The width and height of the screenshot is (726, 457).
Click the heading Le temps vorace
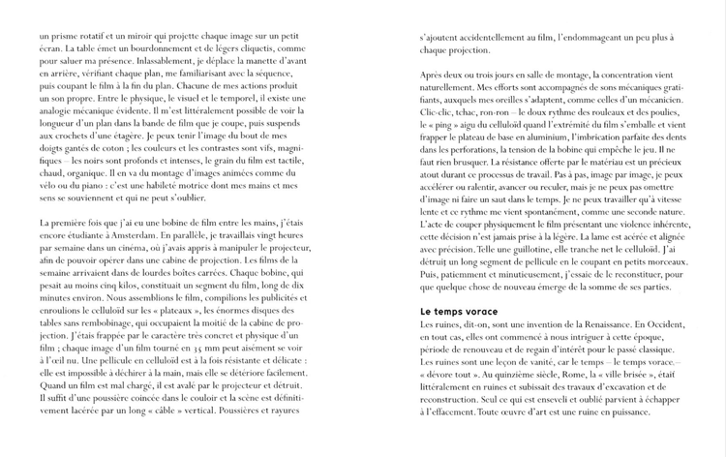459,311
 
